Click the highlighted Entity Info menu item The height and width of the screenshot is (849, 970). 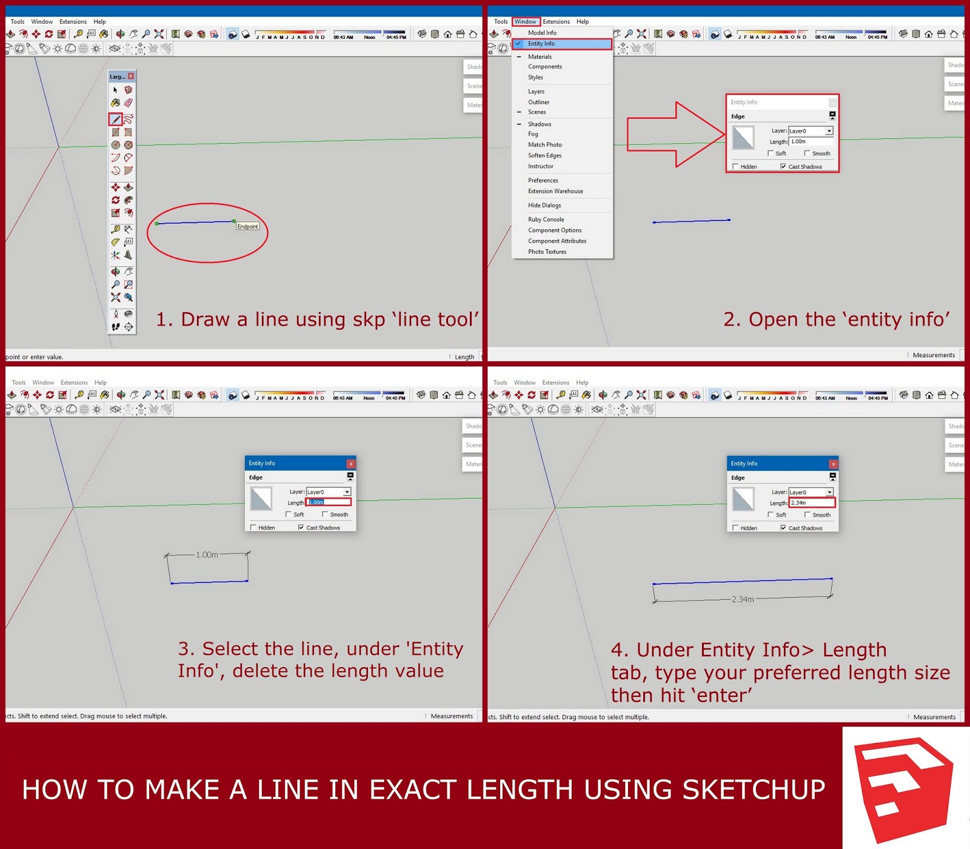point(541,44)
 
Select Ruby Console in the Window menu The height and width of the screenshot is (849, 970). point(546,220)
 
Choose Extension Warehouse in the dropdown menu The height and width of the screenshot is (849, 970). point(555,191)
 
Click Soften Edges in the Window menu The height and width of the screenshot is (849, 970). point(544,155)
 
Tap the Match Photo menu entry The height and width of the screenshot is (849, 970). point(544,144)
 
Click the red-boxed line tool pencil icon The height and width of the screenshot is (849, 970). point(115,119)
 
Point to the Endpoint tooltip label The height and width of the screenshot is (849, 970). point(247,226)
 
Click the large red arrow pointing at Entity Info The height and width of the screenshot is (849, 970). point(676,134)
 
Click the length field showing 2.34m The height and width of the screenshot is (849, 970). point(811,503)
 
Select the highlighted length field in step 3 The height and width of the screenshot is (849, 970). point(328,502)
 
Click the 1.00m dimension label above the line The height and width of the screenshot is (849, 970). point(207,555)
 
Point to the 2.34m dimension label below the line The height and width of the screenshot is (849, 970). point(743,599)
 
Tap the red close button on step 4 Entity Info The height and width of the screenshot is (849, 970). point(833,464)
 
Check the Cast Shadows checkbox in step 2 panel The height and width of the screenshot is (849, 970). point(783,166)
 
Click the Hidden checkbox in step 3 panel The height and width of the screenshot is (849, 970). point(253,528)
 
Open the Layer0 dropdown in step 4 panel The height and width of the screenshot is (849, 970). point(829,492)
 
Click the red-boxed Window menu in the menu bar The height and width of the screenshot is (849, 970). point(525,21)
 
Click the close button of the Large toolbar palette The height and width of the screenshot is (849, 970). point(131,76)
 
